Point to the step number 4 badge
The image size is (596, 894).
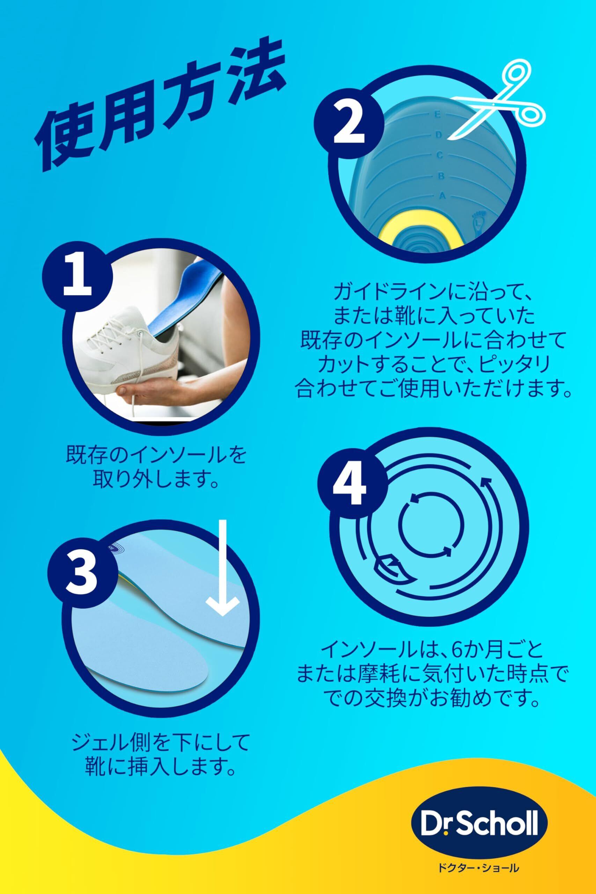(349, 485)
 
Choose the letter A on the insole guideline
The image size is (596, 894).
(442, 196)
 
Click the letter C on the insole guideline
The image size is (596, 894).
(440, 155)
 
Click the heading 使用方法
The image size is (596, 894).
(160, 103)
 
